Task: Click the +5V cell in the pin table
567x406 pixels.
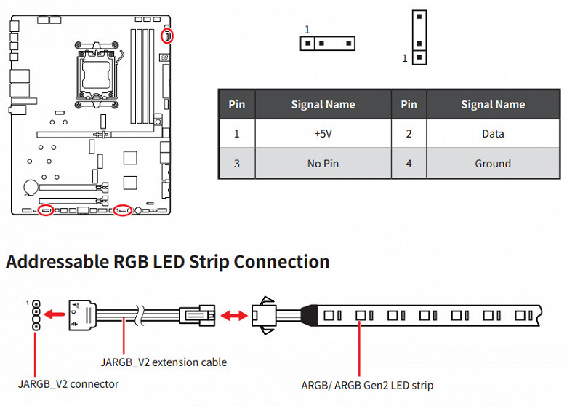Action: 323,134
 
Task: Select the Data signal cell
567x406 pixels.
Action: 493,134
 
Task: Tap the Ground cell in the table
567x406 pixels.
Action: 493,164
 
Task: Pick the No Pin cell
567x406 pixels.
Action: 323,164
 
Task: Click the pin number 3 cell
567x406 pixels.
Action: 237,164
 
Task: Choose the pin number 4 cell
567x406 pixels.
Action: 409,164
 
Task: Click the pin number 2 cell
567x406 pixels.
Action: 409,134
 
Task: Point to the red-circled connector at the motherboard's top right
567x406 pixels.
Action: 167,36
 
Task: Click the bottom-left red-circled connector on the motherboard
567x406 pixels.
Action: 46,210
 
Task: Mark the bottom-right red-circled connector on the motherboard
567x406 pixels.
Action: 123,210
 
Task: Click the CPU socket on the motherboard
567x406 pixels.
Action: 97,75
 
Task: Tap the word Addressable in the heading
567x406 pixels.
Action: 57,262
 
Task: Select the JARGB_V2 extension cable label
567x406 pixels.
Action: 164,362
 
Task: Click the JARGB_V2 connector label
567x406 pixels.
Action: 68,384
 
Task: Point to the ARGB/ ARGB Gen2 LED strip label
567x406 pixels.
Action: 367,386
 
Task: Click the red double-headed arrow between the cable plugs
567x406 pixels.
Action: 234,316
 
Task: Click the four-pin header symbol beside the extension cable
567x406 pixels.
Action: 36,315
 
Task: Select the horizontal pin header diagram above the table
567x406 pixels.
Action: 328,44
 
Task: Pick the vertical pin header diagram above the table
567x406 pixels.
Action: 419,38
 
